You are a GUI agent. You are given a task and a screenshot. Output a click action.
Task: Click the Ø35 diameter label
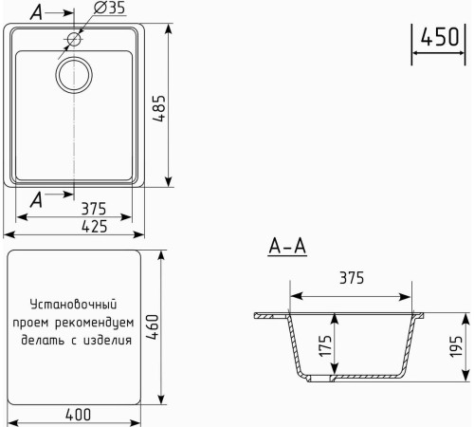coord(110,9)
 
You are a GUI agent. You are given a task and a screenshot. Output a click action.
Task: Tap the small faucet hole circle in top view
coord(74,40)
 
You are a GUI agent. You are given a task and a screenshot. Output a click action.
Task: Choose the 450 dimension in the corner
coord(440,38)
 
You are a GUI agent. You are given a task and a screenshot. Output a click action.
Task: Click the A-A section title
coord(287,248)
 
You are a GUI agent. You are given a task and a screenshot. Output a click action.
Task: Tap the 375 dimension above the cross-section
coord(352,278)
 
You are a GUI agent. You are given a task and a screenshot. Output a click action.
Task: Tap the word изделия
coord(106,339)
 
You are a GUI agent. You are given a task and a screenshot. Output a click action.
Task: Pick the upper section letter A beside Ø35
coord(36,11)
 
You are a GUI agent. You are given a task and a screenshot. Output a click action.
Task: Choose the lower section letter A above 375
coord(36,197)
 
